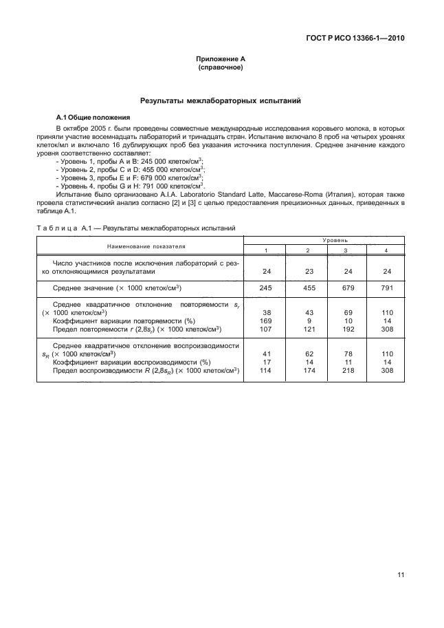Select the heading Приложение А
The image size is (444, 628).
[x=221, y=61]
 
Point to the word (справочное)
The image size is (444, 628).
[x=221, y=69]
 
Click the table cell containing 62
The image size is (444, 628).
[x=306, y=354]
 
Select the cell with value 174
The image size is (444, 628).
[x=306, y=370]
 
